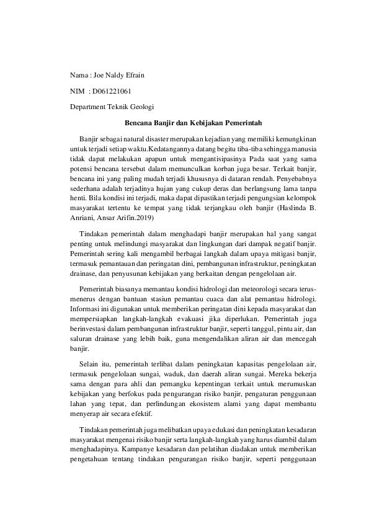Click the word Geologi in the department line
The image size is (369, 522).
141,107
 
